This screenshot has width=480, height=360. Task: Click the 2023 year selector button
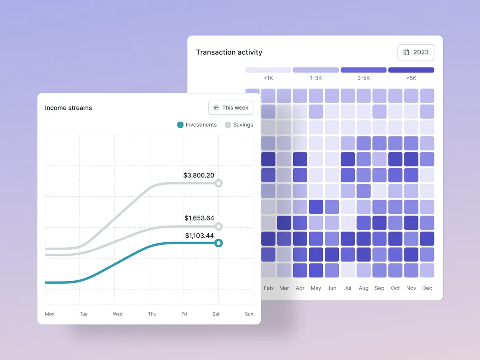[416, 52]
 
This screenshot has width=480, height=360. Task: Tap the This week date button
[231, 108]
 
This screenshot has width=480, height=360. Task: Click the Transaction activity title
[229, 52]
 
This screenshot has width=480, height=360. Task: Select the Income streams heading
[68, 108]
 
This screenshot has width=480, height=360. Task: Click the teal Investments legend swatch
[180, 125]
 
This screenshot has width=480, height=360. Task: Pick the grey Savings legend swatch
[228, 125]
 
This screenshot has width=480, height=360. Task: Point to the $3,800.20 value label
[199, 175]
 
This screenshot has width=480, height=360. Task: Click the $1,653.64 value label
[199, 218]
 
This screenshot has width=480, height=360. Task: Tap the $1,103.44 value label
[199, 236]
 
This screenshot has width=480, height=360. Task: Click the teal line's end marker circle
[218, 243]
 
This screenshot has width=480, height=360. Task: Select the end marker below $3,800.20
[218, 183]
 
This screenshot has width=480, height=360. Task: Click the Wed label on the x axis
[118, 314]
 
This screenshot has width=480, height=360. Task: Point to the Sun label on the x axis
[249, 314]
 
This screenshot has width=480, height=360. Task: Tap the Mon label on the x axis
[50, 314]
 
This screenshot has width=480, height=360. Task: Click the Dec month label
[427, 288]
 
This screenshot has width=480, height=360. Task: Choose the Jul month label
[348, 288]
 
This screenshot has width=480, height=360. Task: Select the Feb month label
[268, 288]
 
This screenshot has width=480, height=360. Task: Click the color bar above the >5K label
[411, 70]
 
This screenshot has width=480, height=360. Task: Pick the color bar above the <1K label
[268, 70]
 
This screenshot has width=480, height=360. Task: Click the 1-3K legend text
[316, 78]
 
